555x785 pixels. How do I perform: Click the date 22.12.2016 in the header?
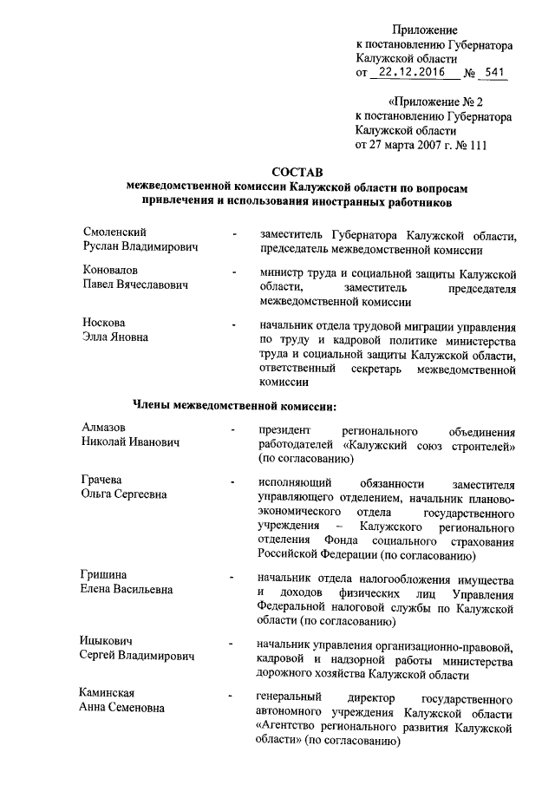pyautogui.click(x=417, y=74)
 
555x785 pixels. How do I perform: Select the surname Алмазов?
pyautogui.click(x=103, y=428)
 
